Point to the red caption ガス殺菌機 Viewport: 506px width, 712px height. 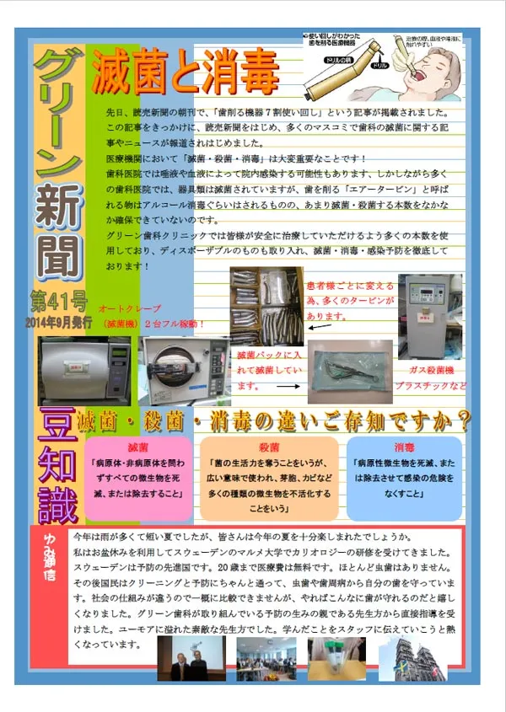coord(430,370)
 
